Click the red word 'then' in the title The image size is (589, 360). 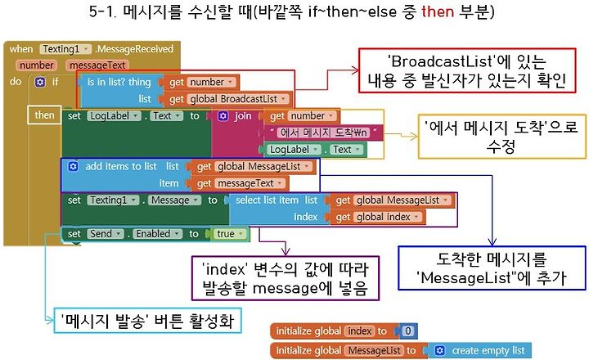[x=438, y=11]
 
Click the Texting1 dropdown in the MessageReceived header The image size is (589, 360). [x=65, y=49]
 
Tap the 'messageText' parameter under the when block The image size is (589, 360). [x=97, y=65]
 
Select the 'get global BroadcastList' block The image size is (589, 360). [x=228, y=99]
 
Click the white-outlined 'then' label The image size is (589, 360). [x=44, y=115]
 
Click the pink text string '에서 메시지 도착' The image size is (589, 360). [x=323, y=133]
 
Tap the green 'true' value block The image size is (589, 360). [x=228, y=234]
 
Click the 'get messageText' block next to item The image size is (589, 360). [x=239, y=183]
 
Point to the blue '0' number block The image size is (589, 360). [x=408, y=331]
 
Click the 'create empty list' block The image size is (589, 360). [x=480, y=351]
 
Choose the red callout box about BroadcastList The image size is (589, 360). [x=467, y=70]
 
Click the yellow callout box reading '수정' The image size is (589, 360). [x=501, y=137]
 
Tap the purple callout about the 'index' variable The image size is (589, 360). [x=286, y=278]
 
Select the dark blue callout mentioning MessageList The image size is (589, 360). [x=492, y=268]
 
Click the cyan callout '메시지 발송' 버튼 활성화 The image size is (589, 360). [x=147, y=321]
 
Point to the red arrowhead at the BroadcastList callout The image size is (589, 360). [x=355, y=70]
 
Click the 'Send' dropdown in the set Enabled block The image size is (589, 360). [x=106, y=234]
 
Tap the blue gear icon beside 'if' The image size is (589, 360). [x=40, y=83]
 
